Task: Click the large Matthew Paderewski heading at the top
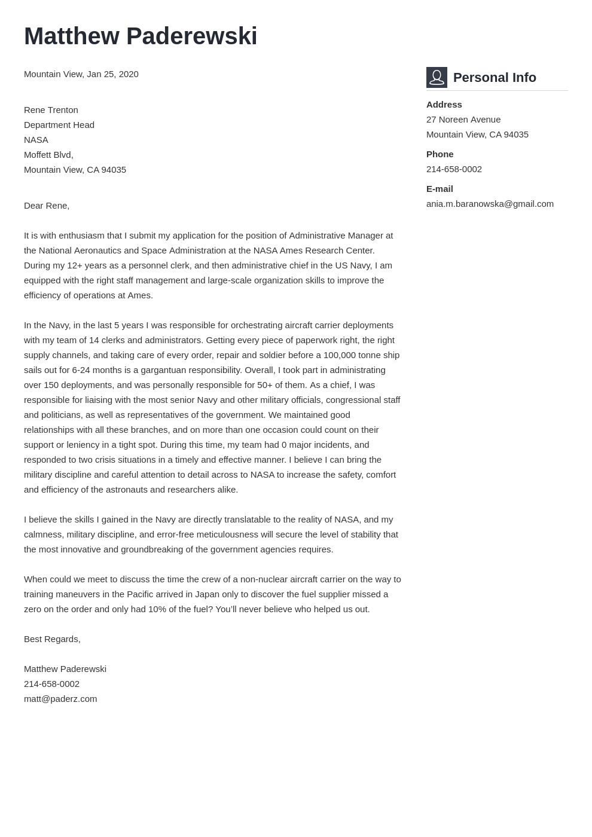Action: (141, 36)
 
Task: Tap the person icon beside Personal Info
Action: (437, 78)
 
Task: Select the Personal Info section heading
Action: (495, 78)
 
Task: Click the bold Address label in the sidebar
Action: (444, 105)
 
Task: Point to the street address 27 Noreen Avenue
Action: (463, 120)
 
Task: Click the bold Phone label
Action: (440, 154)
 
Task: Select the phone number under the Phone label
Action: (454, 169)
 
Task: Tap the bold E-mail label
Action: (440, 189)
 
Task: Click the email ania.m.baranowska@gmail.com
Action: (490, 204)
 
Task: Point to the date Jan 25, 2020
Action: (112, 74)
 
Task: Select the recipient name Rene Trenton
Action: (51, 110)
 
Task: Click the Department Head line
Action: (59, 125)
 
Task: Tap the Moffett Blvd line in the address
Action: (48, 155)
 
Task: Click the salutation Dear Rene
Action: (47, 206)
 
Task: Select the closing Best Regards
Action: (52, 639)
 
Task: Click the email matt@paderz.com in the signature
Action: (60, 699)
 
